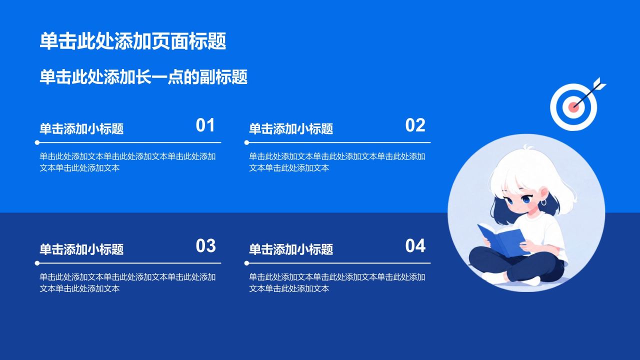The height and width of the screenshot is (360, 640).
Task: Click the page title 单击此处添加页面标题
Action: pos(133,41)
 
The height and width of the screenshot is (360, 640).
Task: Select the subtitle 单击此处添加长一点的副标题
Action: pos(143,77)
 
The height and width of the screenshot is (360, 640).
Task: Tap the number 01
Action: pos(205,125)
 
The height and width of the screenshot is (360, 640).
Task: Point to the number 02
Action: pos(415,125)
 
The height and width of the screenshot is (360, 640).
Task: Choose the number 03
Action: pos(205,245)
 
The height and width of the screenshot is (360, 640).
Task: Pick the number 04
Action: pos(415,245)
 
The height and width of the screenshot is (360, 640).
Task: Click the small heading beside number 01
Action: pos(81,129)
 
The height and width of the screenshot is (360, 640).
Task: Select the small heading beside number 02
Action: pos(291,129)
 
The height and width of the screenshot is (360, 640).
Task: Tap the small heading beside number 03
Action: pos(81,249)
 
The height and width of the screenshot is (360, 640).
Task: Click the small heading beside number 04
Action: pos(291,249)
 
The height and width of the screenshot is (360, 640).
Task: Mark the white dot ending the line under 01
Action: pos(37,142)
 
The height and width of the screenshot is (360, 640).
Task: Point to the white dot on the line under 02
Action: pos(247,142)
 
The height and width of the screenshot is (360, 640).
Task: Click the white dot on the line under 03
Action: pos(37,263)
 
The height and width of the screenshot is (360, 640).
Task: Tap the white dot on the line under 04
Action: pos(247,263)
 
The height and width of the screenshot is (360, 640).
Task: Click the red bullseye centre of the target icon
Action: pos(573,107)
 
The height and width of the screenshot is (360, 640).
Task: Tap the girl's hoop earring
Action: pos(543,202)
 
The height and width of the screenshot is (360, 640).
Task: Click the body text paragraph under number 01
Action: pos(127,162)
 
